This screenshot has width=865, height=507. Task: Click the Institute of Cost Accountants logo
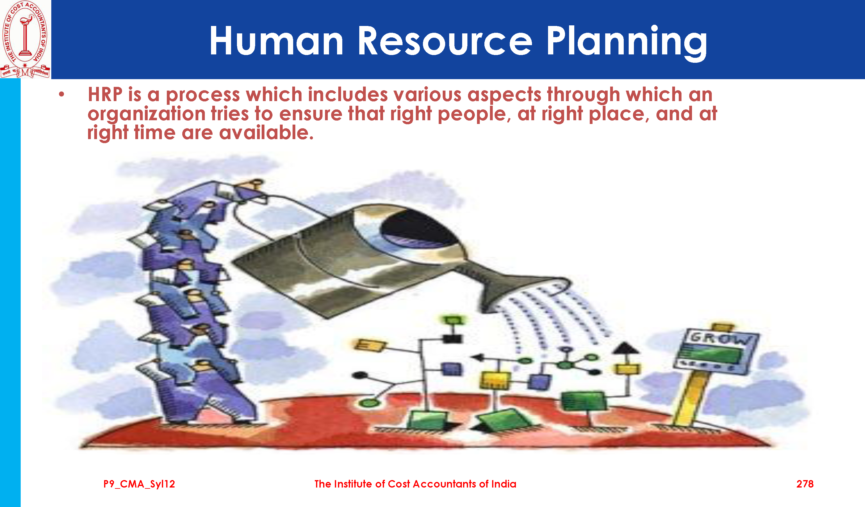[x=25, y=39]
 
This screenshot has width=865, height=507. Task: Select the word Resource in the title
[x=445, y=41]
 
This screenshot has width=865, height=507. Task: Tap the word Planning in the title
[x=627, y=43]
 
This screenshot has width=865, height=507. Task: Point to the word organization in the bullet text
[x=146, y=114]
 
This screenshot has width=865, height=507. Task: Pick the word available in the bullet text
[x=266, y=133]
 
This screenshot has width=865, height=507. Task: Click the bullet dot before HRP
[x=61, y=95]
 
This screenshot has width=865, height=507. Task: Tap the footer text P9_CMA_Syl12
[x=139, y=484]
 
